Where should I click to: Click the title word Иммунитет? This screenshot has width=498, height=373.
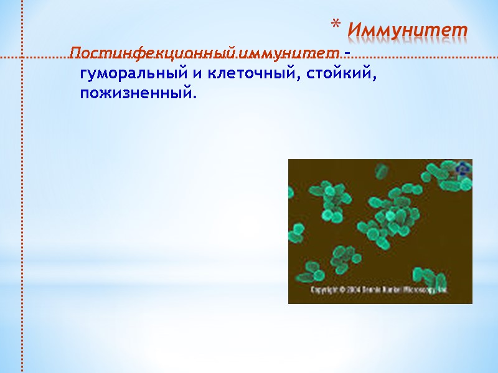(408, 29)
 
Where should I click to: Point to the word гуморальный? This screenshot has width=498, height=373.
(131, 74)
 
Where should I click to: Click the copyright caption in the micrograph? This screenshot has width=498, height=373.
(380, 290)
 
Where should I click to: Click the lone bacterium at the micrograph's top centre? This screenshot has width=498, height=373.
(380, 171)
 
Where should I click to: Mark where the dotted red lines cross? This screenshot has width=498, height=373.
(23, 58)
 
